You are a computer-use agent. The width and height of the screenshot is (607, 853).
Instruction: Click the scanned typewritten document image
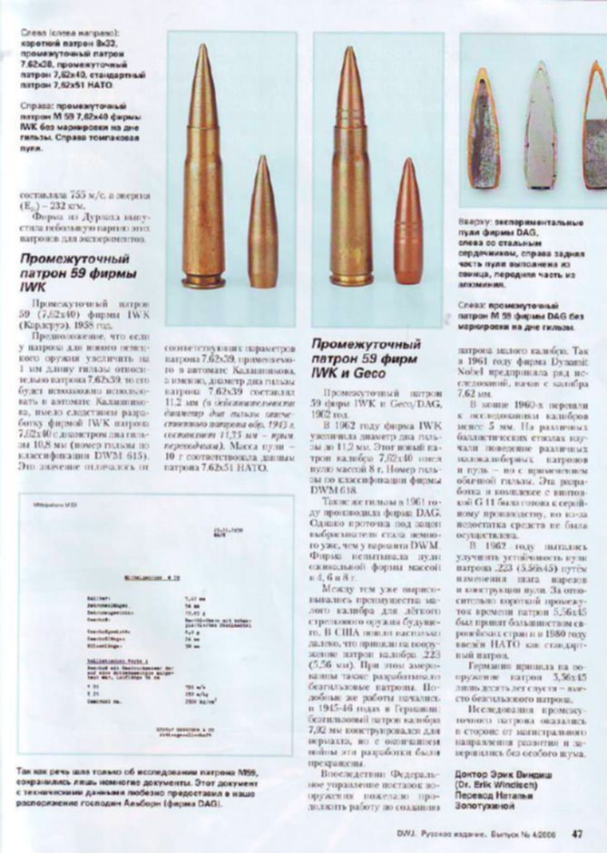(155, 626)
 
